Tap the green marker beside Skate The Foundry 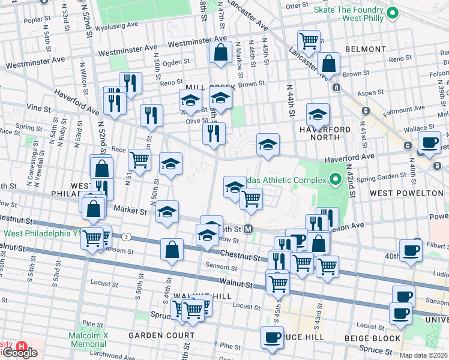[393, 12]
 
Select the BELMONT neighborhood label [366, 49]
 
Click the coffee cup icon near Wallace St [429, 142]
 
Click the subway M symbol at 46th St [249, 229]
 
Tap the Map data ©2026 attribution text [423, 355]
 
